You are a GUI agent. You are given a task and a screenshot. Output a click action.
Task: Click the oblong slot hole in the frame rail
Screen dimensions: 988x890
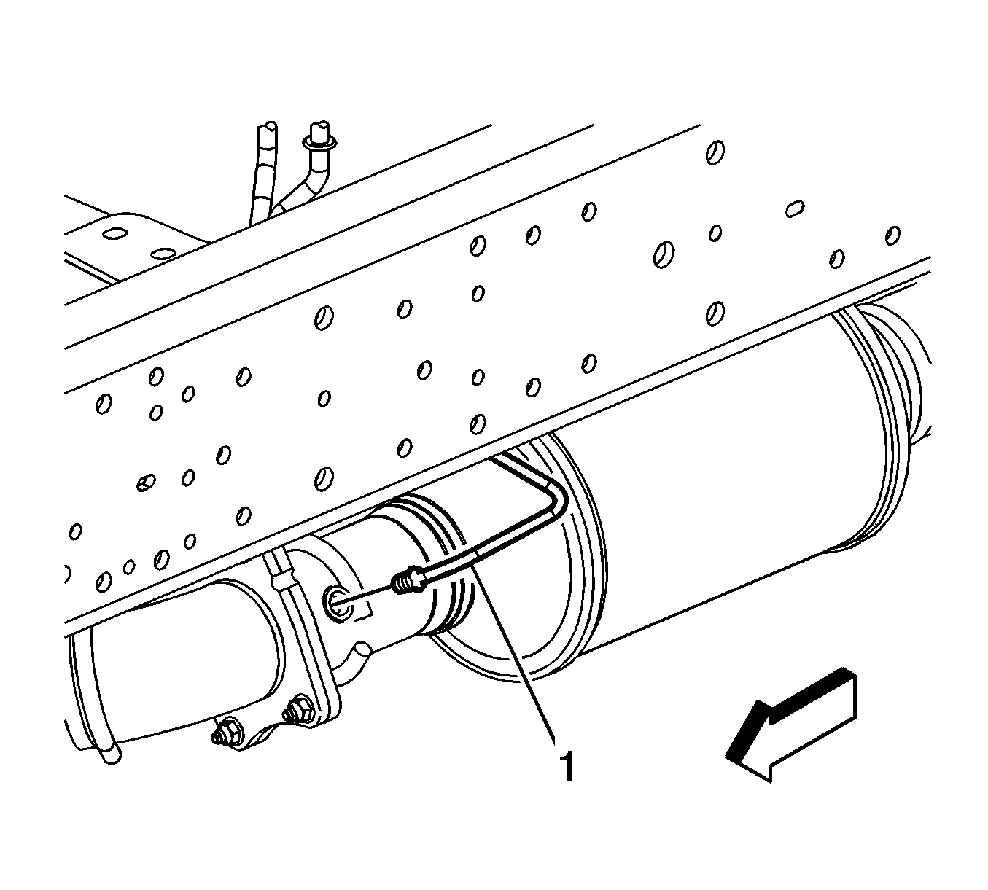click(x=794, y=208)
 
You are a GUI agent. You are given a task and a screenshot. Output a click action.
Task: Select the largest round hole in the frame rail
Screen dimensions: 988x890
click(x=664, y=254)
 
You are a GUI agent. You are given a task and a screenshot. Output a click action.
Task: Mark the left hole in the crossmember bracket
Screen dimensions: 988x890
click(x=115, y=233)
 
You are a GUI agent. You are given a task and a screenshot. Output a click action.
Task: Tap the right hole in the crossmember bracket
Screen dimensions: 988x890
click(x=163, y=254)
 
